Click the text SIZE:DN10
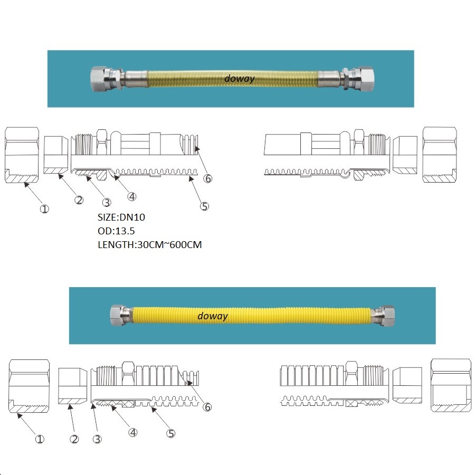(122, 217)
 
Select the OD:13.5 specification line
(115, 231)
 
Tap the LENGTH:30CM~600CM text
(150, 244)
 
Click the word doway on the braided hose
(239, 79)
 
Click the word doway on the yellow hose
(212, 316)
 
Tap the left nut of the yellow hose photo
(117, 315)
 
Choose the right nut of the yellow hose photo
(387, 315)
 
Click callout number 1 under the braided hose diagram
(44, 208)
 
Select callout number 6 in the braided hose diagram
(208, 178)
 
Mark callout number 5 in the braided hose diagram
(205, 206)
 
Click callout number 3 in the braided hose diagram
(107, 202)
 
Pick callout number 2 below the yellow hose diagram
(74, 439)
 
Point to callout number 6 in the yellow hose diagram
(207, 407)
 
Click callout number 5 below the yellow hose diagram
(170, 433)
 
